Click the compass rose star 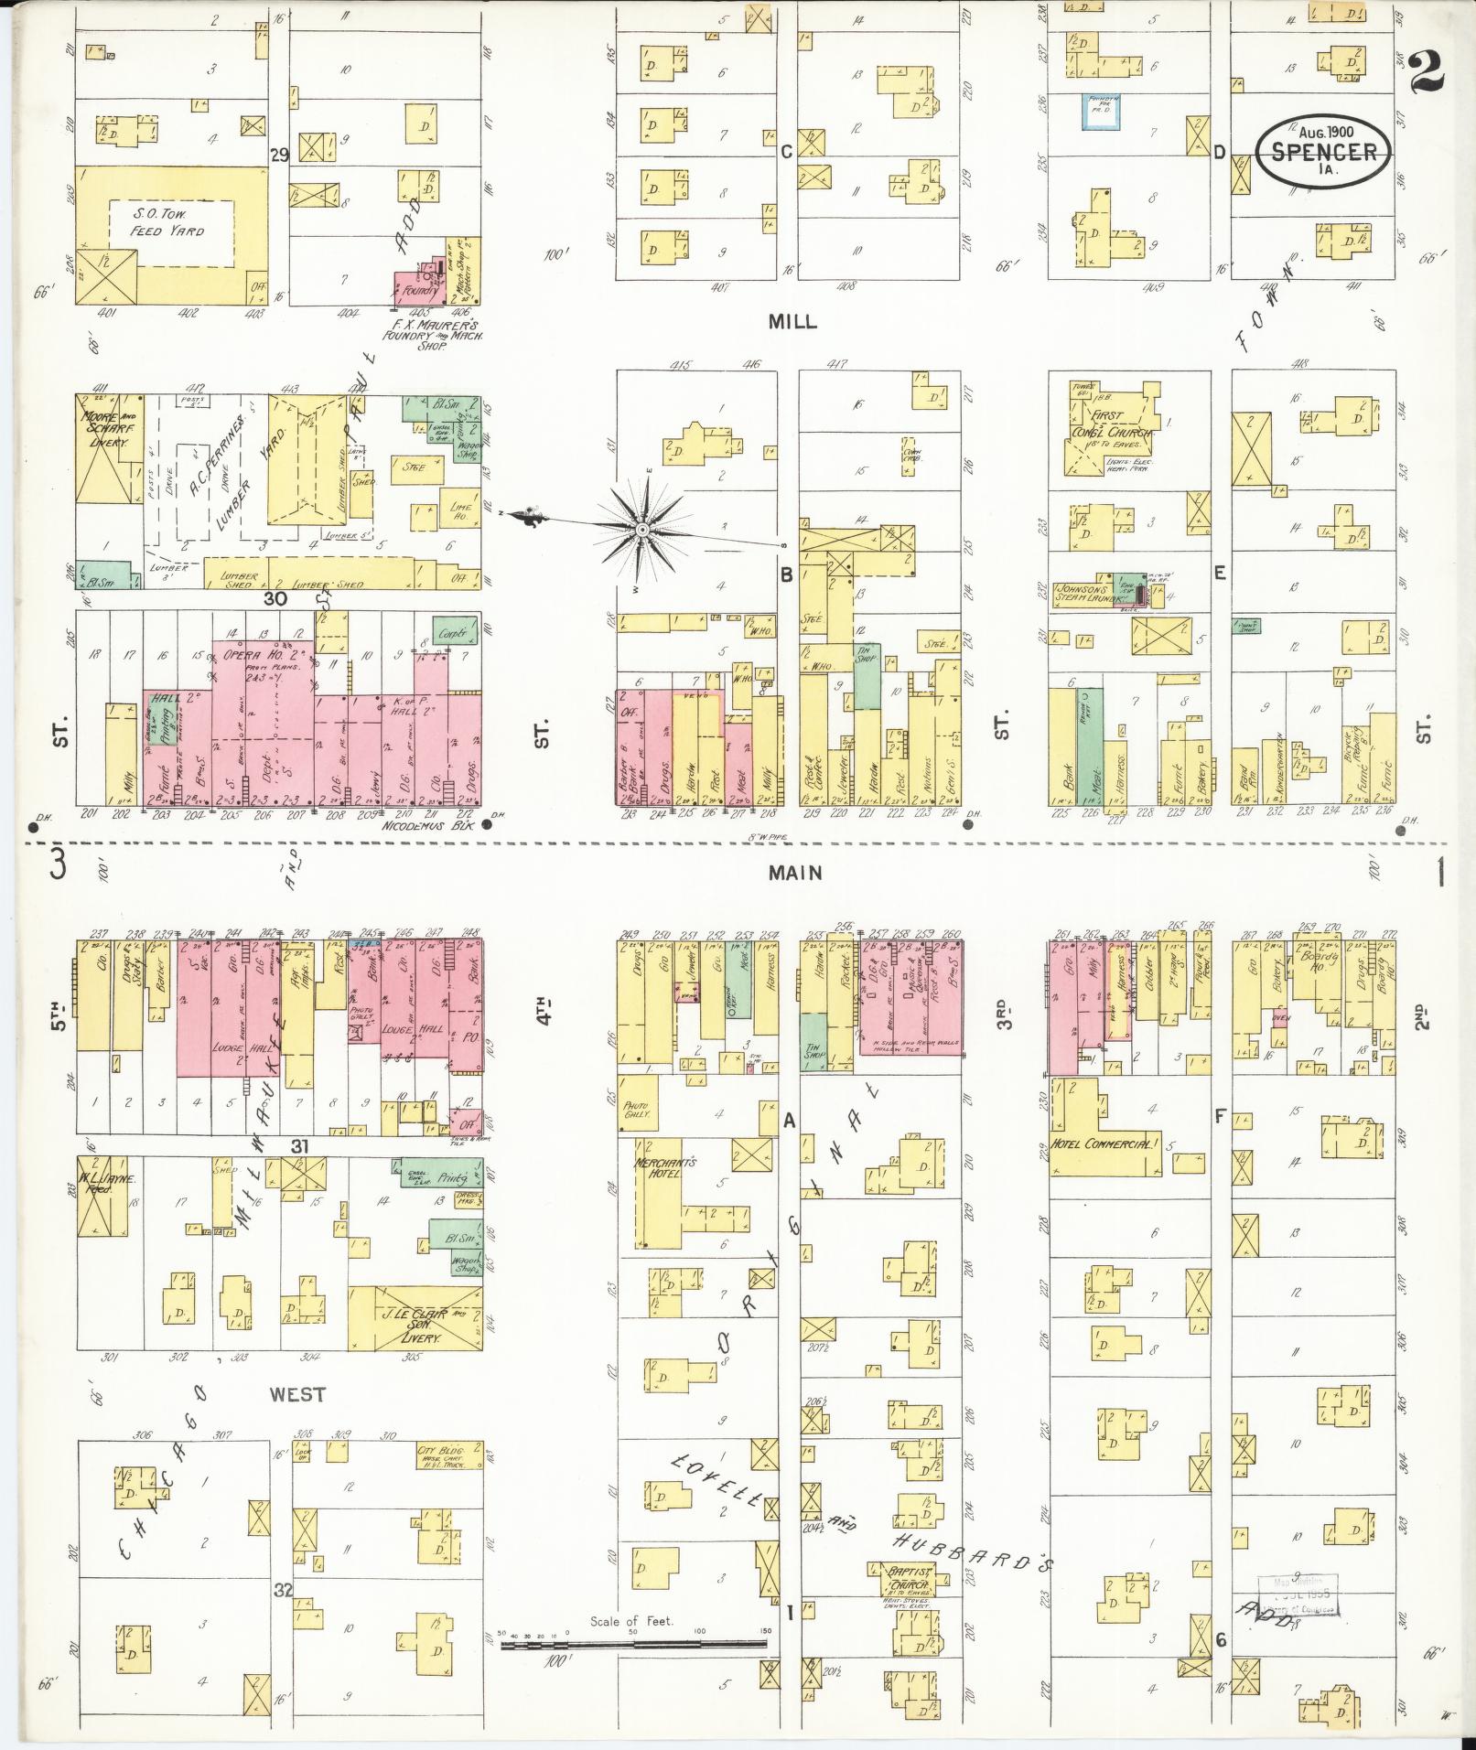(642, 530)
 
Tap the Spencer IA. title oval (1324, 150)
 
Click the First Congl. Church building (1112, 431)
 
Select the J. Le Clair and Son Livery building (415, 1317)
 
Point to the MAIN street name (794, 873)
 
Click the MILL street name (792, 322)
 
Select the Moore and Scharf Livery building (109, 448)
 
